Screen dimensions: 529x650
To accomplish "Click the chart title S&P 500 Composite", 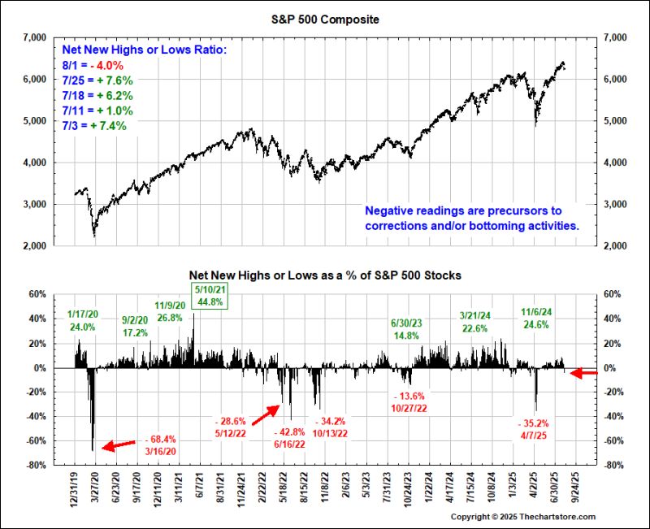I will (324, 20).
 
